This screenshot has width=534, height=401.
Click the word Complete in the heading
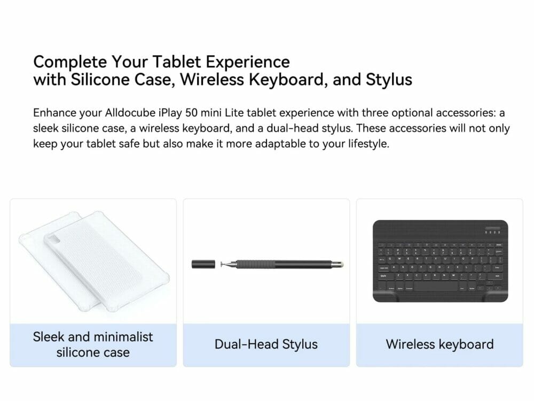coord(70,63)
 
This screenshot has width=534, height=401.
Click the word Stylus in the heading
coord(389,80)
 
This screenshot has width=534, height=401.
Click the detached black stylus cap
coord(203,264)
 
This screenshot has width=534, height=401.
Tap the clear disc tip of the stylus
coord(223,264)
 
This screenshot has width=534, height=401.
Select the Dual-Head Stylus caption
coord(266,344)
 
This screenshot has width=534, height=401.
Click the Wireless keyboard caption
coord(439,344)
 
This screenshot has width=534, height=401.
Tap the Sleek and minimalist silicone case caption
coord(93,344)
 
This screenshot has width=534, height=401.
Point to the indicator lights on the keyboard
coord(492,232)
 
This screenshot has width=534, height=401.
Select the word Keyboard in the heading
coord(285,80)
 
